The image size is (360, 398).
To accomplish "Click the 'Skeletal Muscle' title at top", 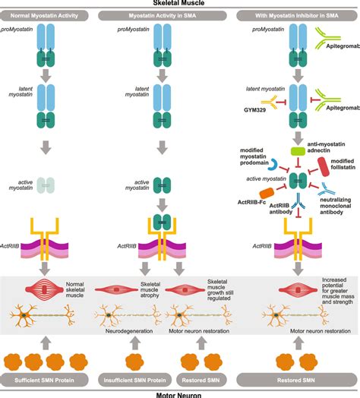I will (x=180, y=4).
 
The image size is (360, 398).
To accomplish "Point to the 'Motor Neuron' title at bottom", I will (x=180, y=393).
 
